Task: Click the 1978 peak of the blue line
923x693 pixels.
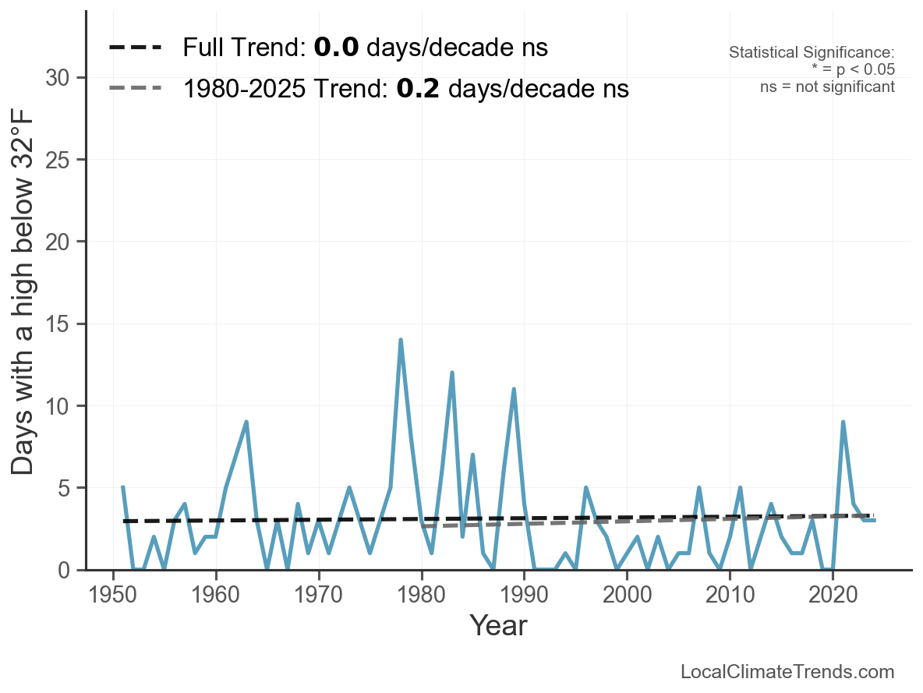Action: tap(401, 341)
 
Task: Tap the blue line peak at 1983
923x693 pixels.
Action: tap(452, 373)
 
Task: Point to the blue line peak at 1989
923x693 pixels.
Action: tap(514, 389)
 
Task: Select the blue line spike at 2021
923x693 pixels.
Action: tap(843, 423)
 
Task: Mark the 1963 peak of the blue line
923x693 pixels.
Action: tap(246, 423)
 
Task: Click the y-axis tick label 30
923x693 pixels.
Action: tap(65, 78)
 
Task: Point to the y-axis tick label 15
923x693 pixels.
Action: tap(65, 324)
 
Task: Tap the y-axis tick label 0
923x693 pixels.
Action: tap(72, 571)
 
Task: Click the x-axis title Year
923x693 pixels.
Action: tap(498, 626)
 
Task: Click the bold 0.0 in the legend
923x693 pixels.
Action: tap(336, 48)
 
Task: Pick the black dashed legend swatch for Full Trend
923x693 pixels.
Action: tap(136, 48)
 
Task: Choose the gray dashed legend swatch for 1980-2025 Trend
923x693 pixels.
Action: tap(136, 88)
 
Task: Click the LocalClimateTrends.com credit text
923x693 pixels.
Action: tap(787, 672)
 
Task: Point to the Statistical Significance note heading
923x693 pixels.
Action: tap(812, 53)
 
